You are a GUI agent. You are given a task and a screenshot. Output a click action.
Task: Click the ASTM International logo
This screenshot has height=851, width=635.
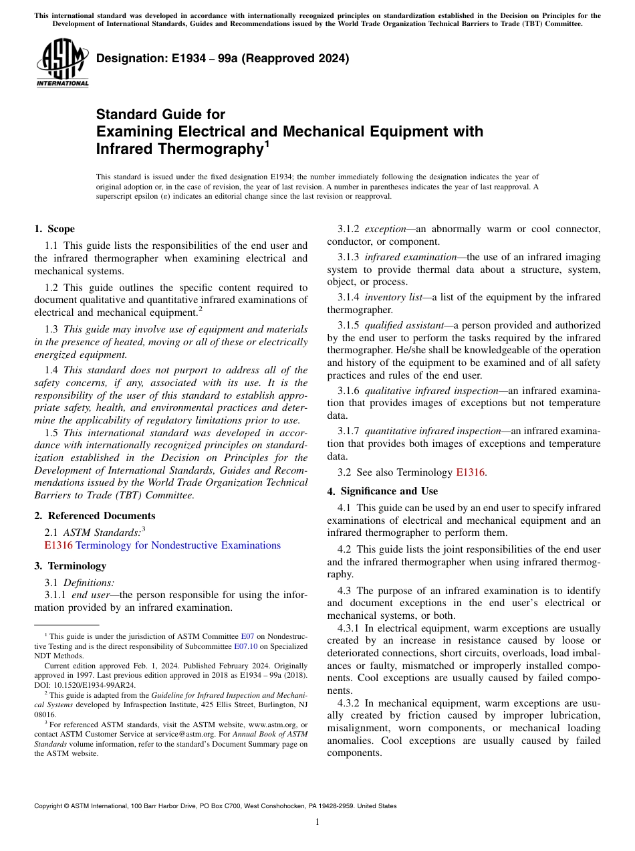(x=61, y=63)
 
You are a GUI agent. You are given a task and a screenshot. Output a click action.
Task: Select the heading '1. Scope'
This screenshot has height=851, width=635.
(x=55, y=229)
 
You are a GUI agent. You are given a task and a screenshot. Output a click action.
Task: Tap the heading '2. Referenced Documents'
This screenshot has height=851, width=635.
(x=95, y=516)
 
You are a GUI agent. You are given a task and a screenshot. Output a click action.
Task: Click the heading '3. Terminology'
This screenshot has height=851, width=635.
(x=70, y=566)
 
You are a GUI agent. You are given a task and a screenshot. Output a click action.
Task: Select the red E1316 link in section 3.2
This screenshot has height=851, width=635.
(x=471, y=472)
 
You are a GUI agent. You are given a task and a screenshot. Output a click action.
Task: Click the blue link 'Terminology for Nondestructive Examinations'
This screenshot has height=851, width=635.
(x=178, y=545)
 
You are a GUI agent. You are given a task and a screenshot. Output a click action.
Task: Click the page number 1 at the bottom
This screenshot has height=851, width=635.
(x=317, y=822)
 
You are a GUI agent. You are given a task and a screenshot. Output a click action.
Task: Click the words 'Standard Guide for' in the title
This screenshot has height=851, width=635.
(x=160, y=114)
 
